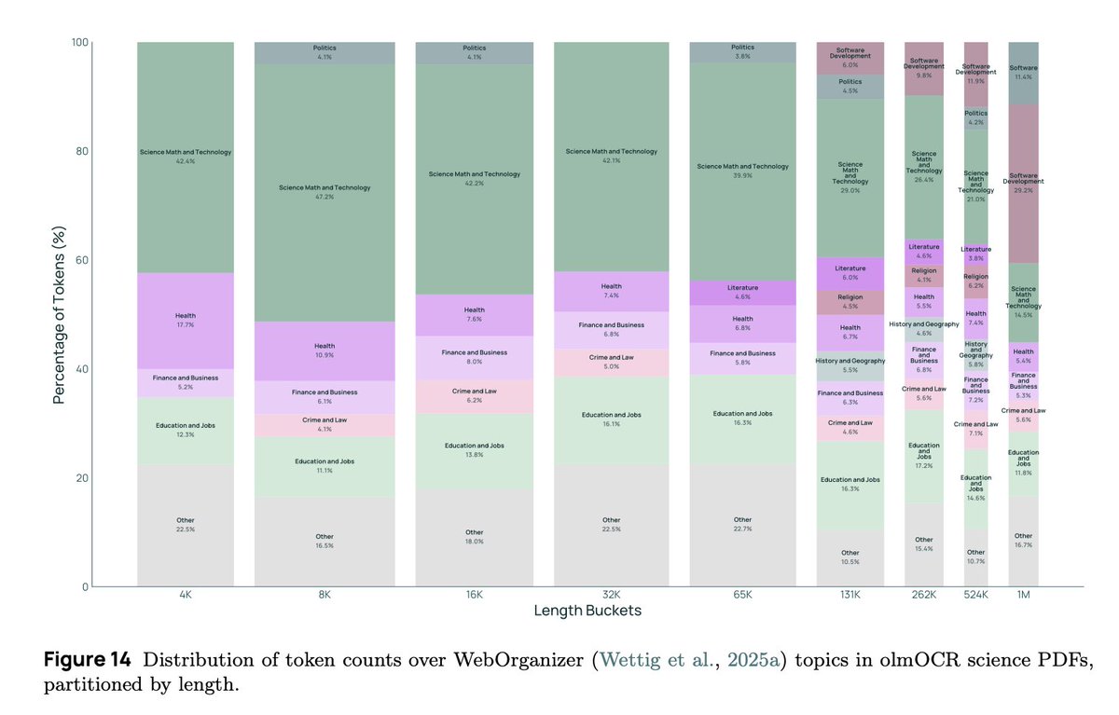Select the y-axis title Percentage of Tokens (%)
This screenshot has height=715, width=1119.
pos(58,313)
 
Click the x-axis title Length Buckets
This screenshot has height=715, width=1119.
pos(587,612)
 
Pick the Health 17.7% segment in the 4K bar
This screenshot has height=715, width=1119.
pos(185,321)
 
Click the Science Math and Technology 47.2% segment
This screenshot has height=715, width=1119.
pos(325,192)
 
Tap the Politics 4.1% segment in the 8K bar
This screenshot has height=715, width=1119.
pos(325,52)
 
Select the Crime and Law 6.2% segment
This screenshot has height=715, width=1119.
pos(474,396)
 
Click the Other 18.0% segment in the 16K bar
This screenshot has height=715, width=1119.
pos(474,537)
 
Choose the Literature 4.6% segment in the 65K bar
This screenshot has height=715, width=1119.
pos(742,293)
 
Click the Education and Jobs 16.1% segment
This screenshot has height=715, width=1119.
pos(612,419)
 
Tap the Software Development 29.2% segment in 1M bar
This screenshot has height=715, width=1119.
pos(1023,183)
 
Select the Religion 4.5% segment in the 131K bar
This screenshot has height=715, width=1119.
pos(850,302)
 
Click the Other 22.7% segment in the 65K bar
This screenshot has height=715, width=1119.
pos(742,525)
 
